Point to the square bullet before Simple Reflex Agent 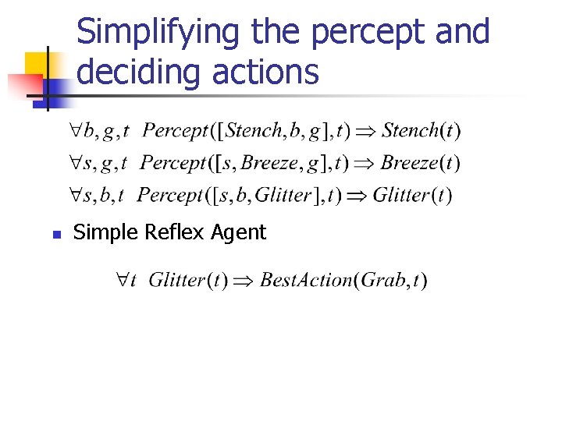pos(55,233)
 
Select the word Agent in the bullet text pos(238,232)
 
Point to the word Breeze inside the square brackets pos(265,163)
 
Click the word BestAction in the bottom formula pos(304,280)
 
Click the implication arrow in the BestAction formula pos(243,281)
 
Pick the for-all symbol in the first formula pos(68,130)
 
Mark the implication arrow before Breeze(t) pos(365,164)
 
